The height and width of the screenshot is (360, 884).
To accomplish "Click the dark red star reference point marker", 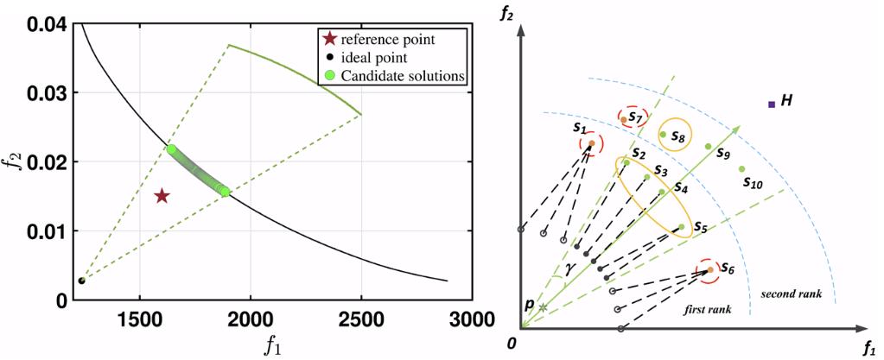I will [162, 197].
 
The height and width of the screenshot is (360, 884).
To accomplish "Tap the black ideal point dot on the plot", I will [82, 281].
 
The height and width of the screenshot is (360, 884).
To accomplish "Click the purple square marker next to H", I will [771, 104].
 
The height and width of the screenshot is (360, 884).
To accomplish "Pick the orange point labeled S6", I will [710, 270].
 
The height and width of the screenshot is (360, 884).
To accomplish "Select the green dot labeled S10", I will [741, 168].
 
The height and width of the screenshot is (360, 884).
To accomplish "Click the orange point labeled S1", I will [591, 143].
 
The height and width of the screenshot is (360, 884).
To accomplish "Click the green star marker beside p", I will [543, 307].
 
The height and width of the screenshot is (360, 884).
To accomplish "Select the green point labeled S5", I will [682, 227].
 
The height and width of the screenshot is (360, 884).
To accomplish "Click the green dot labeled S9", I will [708, 147].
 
